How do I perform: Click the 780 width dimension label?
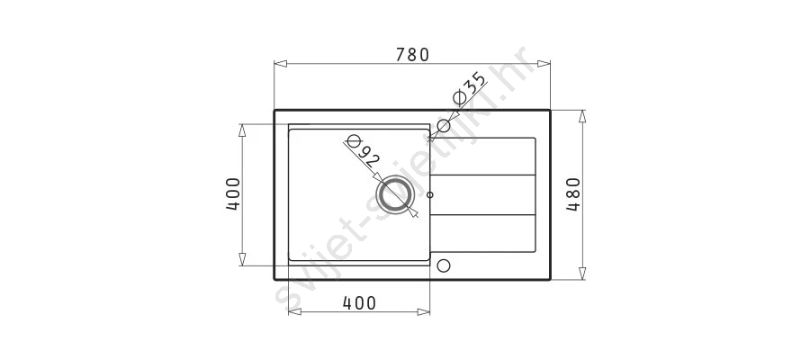point(412,54)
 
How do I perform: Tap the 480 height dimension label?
point(573,194)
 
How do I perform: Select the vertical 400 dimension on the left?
point(233,194)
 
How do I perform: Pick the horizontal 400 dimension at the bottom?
point(359,303)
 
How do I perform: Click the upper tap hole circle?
point(443,125)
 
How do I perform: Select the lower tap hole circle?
point(443,266)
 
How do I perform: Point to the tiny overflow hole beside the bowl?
point(430,194)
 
